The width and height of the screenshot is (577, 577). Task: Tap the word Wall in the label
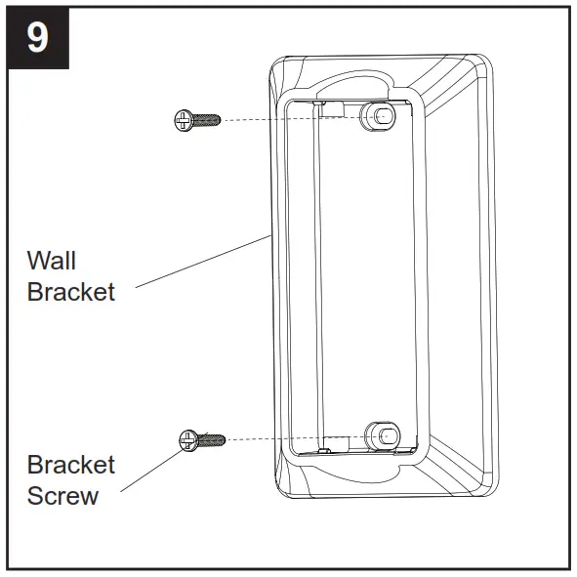pos(52,261)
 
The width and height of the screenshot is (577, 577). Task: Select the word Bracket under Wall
pos(70,292)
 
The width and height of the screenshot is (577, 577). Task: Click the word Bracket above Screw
pos(70,464)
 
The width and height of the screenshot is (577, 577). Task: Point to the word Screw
pos(62,495)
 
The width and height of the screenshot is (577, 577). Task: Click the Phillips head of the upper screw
pos(182,120)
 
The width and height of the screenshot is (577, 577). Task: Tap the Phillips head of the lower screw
pos(188,441)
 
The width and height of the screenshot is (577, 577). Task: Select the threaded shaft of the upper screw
pos(207,120)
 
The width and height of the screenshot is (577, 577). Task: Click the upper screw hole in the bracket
pos(380,114)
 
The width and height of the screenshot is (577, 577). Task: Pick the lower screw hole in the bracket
pos(382,434)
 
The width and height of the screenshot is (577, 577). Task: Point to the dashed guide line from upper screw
pos(283,117)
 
